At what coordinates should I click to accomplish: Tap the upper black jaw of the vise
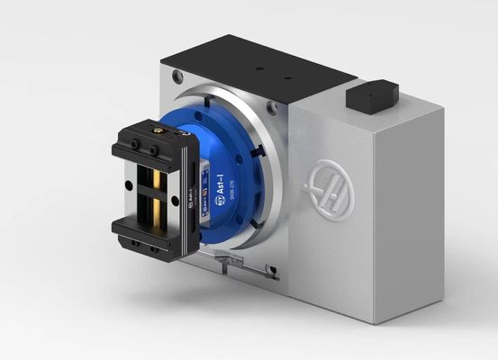[153, 144]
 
